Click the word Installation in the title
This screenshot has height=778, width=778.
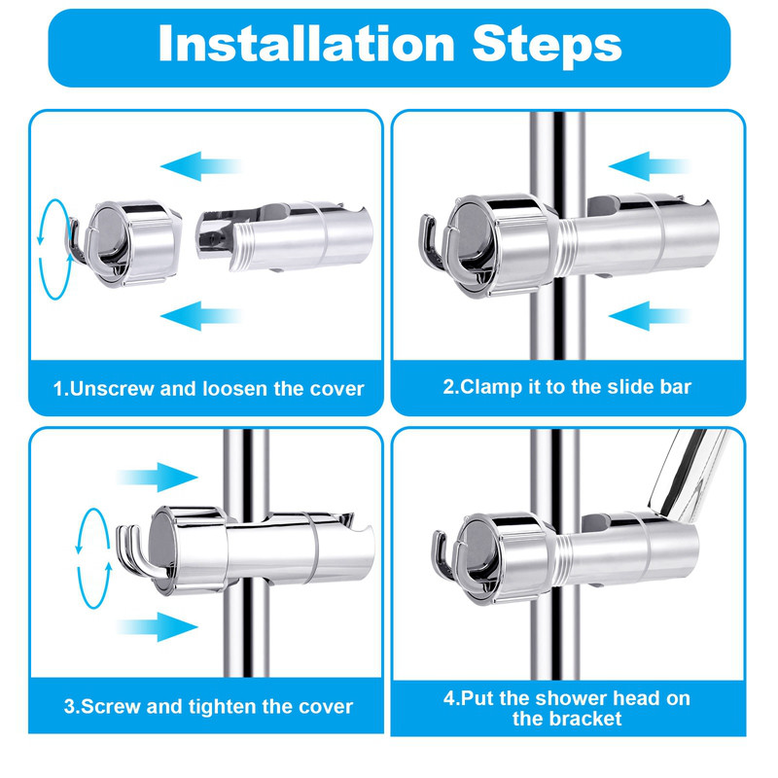(x=306, y=43)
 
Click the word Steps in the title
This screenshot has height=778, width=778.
(x=547, y=46)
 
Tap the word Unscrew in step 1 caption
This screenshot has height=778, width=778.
(x=112, y=388)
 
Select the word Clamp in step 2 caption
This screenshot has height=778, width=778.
(x=491, y=387)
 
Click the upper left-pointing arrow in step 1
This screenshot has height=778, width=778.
(x=201, y=166)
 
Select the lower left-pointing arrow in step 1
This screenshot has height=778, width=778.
(x=201, y=315)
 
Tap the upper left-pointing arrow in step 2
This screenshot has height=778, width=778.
(x=650, y=166)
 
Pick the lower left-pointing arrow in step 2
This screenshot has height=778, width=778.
(x=650, y=315)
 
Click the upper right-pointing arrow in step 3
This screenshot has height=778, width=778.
(x=158, y=477)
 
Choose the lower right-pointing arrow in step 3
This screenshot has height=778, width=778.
(x=158, y=626)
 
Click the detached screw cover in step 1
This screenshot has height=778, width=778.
(x=124, y=243)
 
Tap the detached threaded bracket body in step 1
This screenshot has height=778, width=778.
(x=284, y=236)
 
